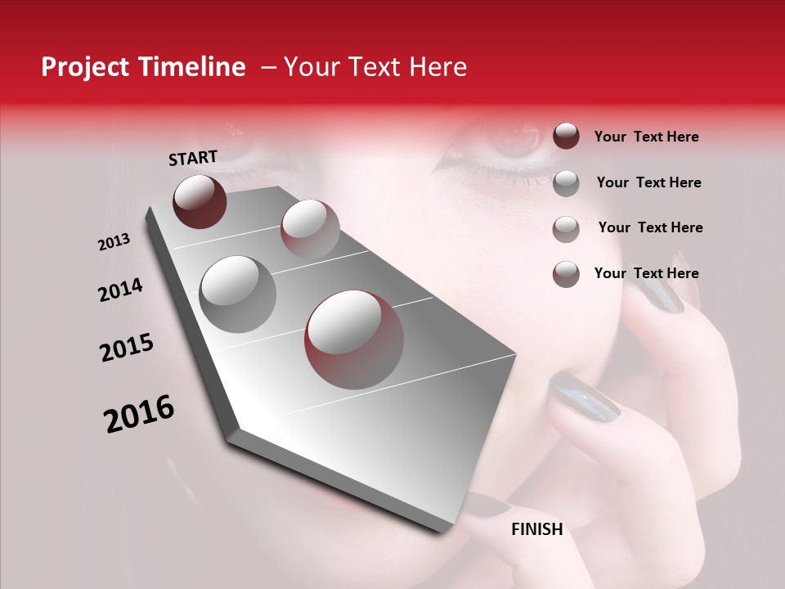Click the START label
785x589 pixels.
[193, 158]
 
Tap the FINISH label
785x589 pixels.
[536, 529]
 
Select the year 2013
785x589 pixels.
[114, 242]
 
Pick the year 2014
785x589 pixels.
[120, 290]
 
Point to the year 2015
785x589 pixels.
[127, 348]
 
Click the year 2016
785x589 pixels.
[139, 414]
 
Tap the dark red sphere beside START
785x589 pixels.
[200, 201]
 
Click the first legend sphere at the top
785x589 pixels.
[566, 136]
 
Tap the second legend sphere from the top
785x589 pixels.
[566, 183]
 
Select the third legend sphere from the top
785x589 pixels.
[566, 229]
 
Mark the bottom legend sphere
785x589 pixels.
[566, 274]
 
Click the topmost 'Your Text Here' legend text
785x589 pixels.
[646, 137]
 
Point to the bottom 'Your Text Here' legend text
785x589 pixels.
[646, 273]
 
